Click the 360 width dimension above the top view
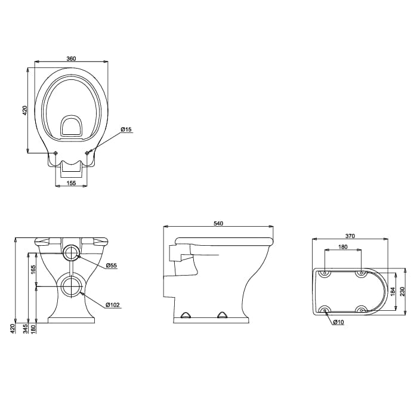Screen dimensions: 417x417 (71, 58)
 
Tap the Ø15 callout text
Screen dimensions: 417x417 (126, 129)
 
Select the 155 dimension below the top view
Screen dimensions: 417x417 (71, 183)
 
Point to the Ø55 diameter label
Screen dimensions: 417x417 (111, 265)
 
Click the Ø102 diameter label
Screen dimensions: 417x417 (113, 305)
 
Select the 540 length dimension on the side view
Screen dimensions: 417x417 (218, 223)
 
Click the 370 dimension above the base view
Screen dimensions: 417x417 (350, 236)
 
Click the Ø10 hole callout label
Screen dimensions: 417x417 (338, 322)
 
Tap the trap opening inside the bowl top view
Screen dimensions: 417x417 (72, 126)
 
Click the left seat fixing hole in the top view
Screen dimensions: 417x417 (55, 154)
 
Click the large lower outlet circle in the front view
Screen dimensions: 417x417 (72, 286)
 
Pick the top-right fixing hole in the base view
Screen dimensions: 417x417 (360, 273)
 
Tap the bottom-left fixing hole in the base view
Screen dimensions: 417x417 (325, 309)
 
